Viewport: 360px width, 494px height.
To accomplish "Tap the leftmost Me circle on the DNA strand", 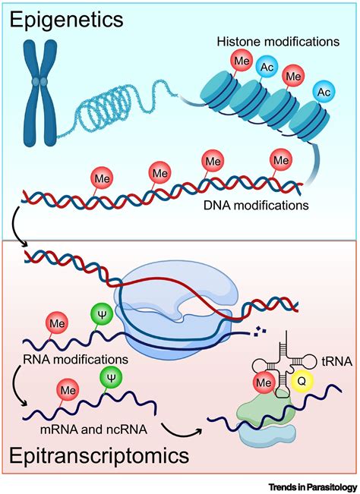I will [103, 178].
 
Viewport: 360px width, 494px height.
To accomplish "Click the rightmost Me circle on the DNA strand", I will [281, 160].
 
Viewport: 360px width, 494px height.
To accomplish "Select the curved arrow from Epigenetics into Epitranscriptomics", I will [17, 227].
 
